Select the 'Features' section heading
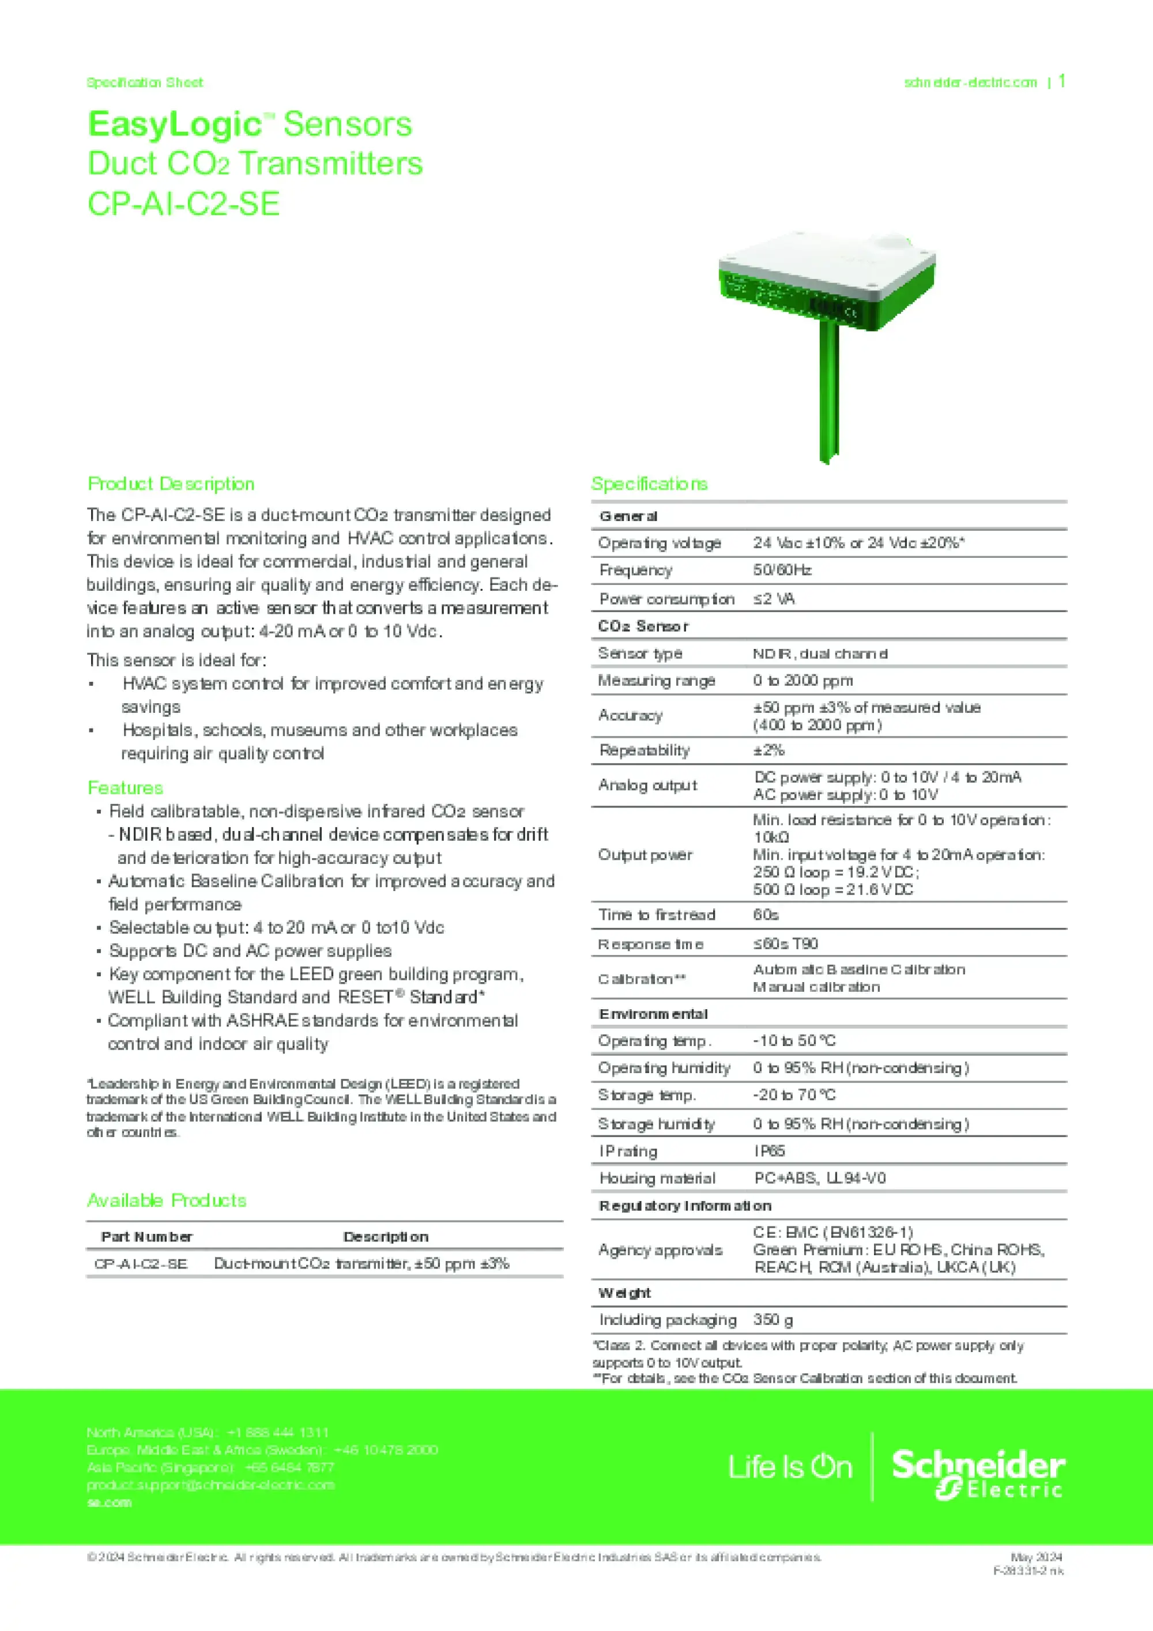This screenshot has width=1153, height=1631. [x=125, y=788]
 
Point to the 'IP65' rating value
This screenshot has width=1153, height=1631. [x=770, y=1150]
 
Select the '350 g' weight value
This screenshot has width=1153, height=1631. [x=773, y=1319]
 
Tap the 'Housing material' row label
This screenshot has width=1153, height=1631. [x=657, y=1178]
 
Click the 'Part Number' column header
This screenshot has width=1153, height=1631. [x=146, y=1236]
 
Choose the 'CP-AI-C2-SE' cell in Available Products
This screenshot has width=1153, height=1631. [x=141, y=1264]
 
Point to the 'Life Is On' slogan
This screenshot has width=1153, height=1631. [x=789, y=1467]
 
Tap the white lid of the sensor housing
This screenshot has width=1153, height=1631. [x=824, y=263]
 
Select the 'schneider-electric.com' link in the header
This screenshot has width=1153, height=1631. [x=970, y=82]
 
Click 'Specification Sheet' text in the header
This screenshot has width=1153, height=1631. [x=145, y=82]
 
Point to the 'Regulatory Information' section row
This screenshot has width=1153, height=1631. [x=685, y=1206]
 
